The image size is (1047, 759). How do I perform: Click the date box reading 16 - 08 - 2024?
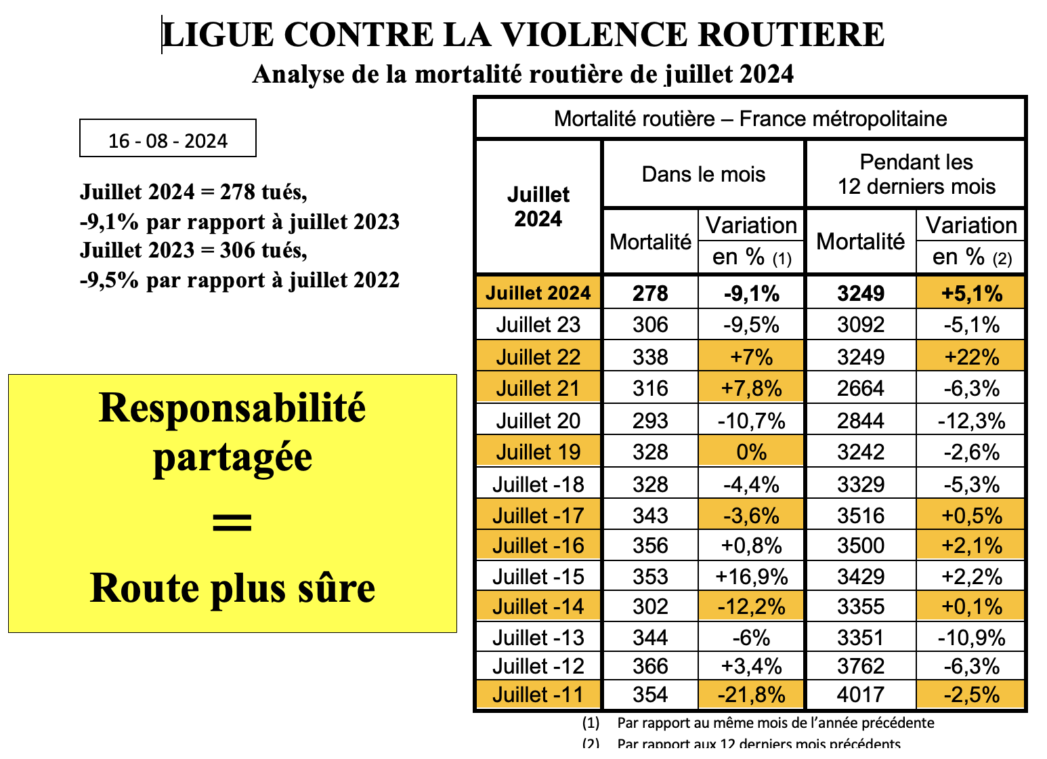pos(168,138)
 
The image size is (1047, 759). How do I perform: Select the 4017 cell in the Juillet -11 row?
pos(861,695)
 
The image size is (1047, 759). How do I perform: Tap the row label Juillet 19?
pos(538,452)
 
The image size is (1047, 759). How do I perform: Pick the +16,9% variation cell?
pos(751,577)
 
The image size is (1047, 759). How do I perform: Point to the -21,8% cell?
pos(751,695)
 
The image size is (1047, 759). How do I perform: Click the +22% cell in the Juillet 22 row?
pos(971,357)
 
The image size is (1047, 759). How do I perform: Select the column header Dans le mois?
pos(704,174)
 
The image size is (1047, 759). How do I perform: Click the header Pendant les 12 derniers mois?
pos(916,174)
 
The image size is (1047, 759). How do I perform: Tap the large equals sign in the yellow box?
pos(232,522)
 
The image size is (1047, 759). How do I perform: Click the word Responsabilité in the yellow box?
pos(232,408)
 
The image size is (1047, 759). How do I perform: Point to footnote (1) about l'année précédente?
pos(758,723)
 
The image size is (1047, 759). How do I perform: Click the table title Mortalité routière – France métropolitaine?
pos(750,119)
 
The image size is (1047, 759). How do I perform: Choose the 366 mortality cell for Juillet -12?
pos(650,666)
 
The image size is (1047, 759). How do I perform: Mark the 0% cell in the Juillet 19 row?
pos(751,452)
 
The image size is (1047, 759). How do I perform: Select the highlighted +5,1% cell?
pos(971,293)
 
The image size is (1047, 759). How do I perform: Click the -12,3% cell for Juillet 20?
pos(971,421)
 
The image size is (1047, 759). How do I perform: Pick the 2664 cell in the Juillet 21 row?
pos(861,388)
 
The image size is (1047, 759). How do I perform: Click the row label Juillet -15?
pos(538,577)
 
